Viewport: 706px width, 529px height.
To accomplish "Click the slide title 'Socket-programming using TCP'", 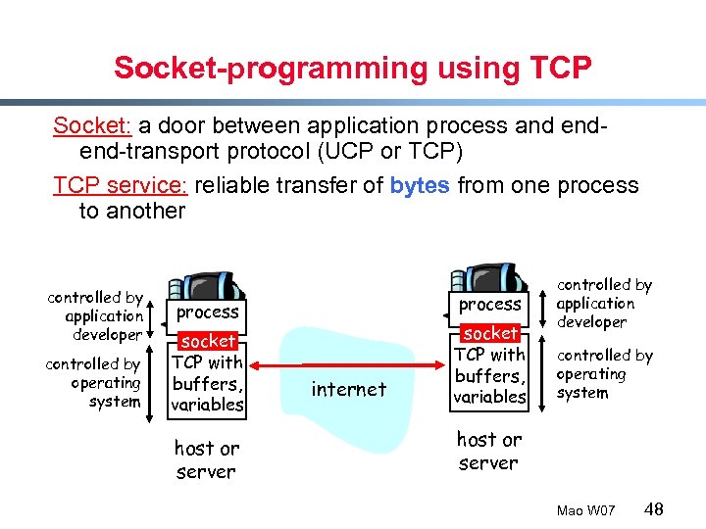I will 353,68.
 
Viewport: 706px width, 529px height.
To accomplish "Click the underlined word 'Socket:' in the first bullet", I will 92,125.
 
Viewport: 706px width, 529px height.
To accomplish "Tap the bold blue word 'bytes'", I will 420,185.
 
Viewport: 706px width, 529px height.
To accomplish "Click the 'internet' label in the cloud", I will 348,389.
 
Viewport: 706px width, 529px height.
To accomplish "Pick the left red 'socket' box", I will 208,341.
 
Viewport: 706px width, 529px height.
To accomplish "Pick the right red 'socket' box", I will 490,333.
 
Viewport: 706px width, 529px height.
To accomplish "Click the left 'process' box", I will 208,312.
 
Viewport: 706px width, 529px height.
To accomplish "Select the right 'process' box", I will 490,304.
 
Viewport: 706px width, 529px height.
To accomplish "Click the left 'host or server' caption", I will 206,459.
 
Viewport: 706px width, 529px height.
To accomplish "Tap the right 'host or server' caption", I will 489,451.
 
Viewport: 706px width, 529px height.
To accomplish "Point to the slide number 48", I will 654,508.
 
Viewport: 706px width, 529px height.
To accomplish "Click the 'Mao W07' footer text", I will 585,510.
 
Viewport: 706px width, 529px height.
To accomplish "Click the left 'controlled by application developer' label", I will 97,315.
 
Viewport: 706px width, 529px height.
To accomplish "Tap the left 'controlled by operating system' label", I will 94,382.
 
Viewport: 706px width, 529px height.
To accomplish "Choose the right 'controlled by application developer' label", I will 603,303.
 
